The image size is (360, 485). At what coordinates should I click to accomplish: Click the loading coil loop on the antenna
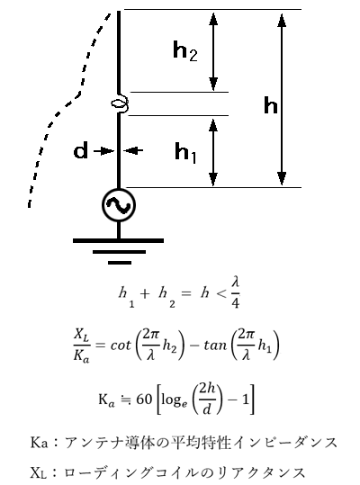point(120,103)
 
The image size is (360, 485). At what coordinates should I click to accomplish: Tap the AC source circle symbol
point(119,205)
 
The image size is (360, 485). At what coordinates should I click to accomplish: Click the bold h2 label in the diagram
point(184,51)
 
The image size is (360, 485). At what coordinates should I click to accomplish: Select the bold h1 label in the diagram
point(185,153)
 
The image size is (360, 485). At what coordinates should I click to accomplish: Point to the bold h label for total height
point(271,105)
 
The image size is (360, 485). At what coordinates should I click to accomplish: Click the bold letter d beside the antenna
point(80,150)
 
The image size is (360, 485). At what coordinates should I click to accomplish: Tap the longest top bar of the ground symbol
point(118,240)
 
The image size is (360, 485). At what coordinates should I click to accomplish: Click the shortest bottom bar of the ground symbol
point(120,263)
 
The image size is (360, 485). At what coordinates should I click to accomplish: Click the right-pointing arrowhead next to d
point(109,150)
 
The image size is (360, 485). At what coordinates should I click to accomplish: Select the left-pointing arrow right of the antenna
point(133,150)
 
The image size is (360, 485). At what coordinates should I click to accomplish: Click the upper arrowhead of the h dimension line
point(282,21)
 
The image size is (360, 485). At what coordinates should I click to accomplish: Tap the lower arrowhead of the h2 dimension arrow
point(213,84)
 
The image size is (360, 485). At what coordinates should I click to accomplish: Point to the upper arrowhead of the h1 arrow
point(213,126)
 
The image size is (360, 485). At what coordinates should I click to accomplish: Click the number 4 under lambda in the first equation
point(236,303)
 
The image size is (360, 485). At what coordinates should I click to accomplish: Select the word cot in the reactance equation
point(121,345)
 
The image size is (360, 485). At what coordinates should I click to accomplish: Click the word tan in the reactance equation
point(216,345)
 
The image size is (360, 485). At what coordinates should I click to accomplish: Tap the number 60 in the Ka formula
point(144,400)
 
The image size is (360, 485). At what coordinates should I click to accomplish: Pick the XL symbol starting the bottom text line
point(39,472)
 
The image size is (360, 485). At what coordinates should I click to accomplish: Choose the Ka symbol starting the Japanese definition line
point(40,443)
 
